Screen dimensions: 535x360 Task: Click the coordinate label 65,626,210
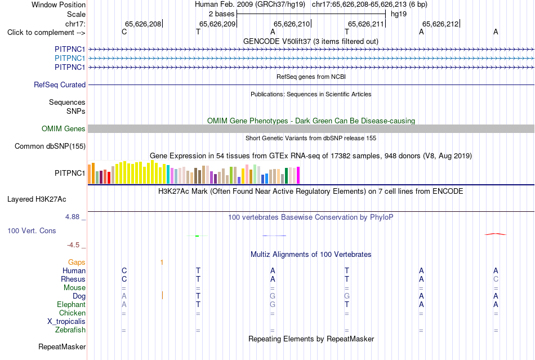coord(292,24)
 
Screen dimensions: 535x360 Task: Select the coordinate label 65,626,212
coord(440,24)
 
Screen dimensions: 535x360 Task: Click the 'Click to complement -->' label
coord(46,33)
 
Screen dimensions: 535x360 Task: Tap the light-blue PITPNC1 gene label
coord(70,58)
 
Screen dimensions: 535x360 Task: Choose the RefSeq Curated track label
coord(60,85)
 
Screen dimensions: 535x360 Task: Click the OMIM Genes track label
coord(64,128)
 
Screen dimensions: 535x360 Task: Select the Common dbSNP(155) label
coord(50,146)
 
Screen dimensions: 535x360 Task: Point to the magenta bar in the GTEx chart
coord(298,175)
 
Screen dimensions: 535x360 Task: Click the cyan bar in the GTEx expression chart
coord(168,175)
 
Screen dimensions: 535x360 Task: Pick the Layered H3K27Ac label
coord(37,199)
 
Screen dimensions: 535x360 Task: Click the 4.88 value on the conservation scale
coord(72,217)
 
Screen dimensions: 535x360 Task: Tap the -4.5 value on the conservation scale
coord(73,245)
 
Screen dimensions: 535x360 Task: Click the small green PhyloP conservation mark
coord(197,236)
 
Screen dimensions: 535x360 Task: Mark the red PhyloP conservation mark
coord(496,234)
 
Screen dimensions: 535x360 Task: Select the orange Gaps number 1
coord(162,263)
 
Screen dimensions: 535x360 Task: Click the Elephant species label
coord(71,304)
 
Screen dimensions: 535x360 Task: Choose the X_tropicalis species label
coord(66,322)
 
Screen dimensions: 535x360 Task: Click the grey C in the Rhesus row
coord(496,279)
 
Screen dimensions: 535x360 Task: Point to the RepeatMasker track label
coord(62,346)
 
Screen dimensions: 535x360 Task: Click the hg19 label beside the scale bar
coord(399,14)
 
